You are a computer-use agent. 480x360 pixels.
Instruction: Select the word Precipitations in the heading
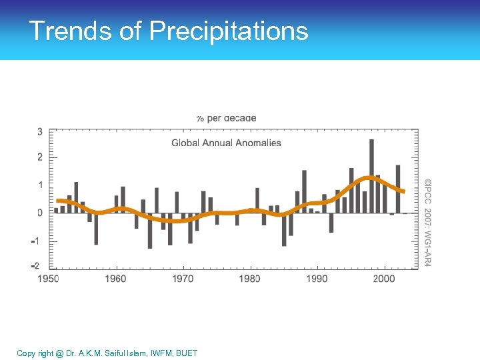click(229, 31)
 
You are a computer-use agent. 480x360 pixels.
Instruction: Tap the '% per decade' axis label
click(226, 118)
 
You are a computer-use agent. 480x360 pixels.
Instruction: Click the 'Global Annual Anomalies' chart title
click(226, 143)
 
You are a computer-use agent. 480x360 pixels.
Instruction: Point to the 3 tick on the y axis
click(40, 132)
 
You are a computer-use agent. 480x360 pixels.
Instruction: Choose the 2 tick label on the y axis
click(40, 157)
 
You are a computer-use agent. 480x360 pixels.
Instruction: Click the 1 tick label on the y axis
click(40, 185)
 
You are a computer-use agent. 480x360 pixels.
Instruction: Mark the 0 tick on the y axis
click(40, 213)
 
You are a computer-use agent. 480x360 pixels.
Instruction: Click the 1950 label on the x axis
click(48, 278)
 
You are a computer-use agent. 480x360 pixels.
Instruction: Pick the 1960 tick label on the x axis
click(116, 278)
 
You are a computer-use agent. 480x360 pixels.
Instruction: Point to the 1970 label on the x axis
click(183, 278)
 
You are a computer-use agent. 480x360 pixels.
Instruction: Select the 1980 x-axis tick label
click(250, 278)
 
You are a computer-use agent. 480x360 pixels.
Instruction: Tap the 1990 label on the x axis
click(317, 278)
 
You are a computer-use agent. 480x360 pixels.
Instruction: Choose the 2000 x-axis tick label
click(384, 278)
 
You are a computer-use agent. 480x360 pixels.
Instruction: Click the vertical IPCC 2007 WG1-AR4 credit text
click(428, 223)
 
